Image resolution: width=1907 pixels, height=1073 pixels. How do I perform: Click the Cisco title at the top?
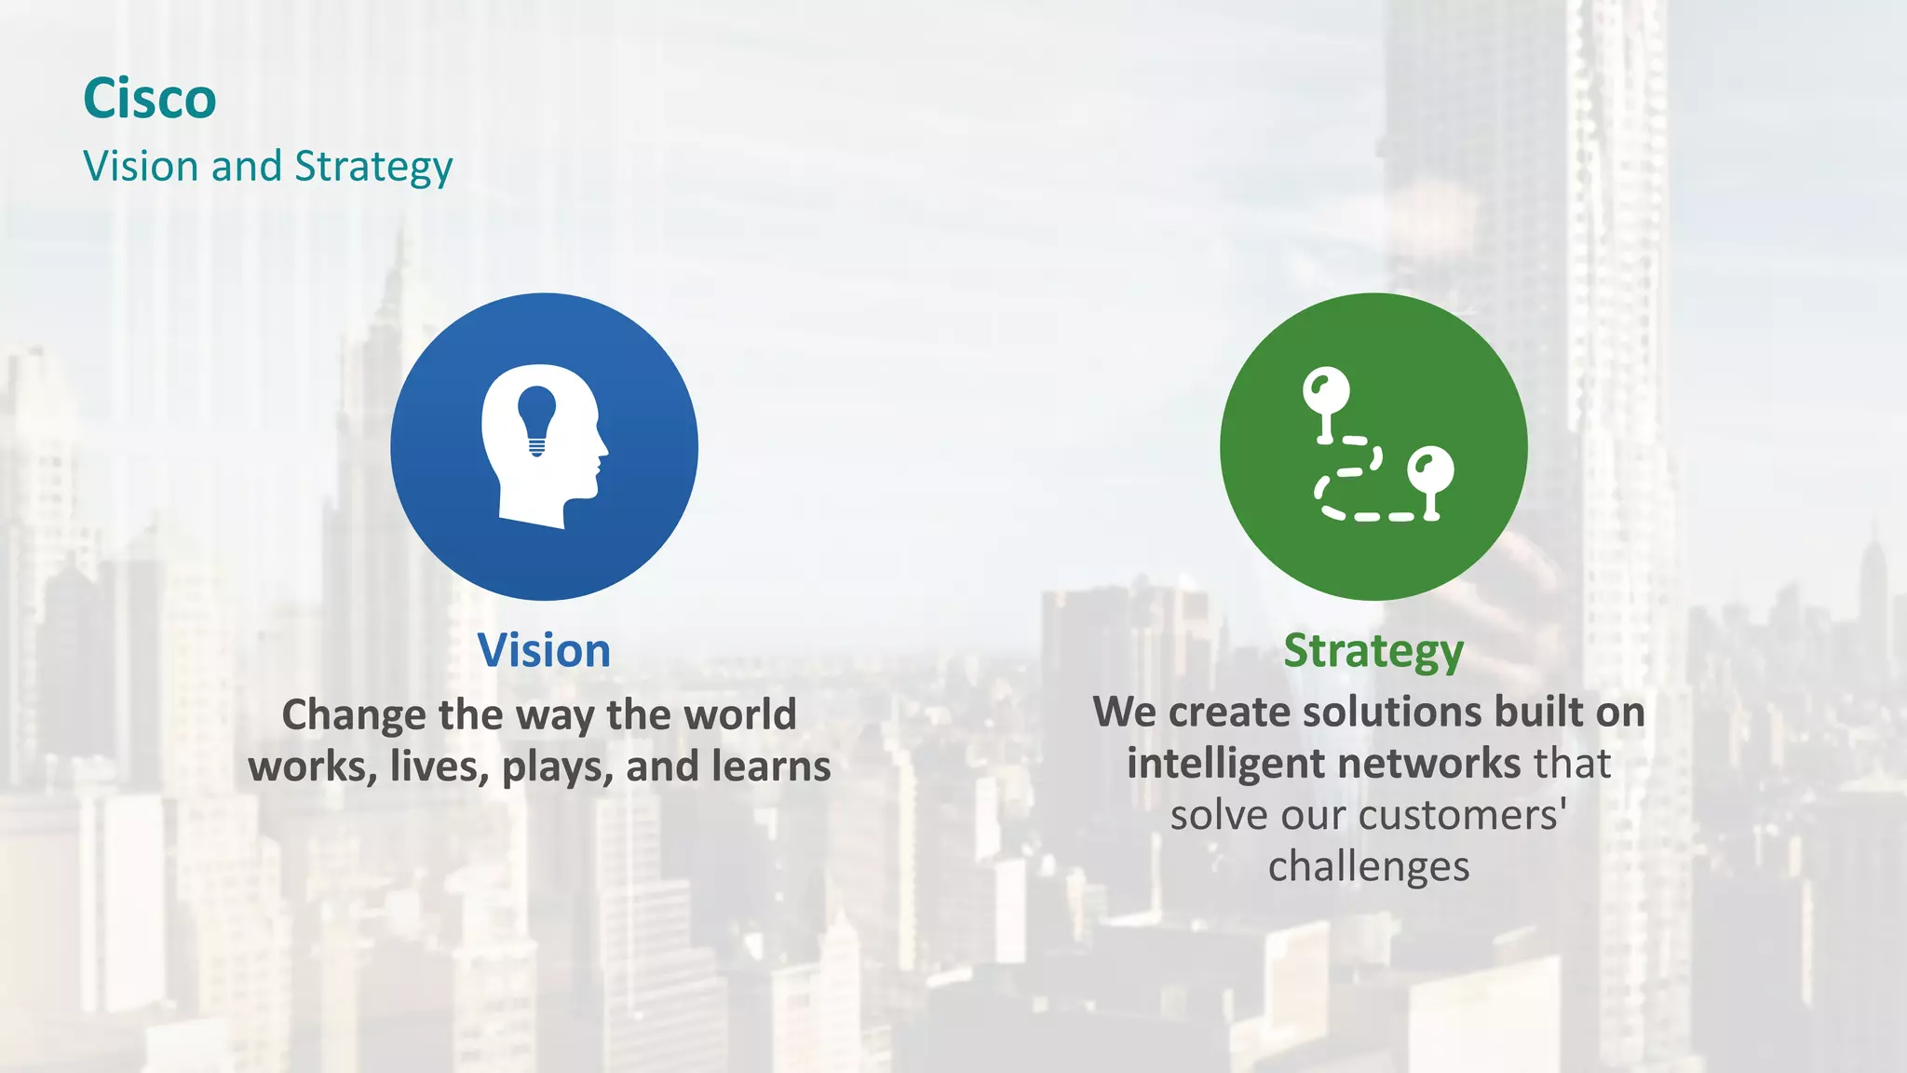(149, 99)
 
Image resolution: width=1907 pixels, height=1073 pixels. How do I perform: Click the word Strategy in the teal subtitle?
(373, 168)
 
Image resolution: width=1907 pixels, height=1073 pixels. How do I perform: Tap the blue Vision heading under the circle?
(544, 650)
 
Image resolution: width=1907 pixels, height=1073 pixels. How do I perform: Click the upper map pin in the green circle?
(1326, 391)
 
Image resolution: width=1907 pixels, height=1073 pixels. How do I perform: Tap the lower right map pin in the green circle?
(1430, 469)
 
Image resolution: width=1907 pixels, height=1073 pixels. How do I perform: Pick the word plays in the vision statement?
(557, 767)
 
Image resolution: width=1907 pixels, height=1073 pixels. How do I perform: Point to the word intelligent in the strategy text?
(1230, 765)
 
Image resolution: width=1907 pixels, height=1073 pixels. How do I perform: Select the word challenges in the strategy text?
(1369, 867)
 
